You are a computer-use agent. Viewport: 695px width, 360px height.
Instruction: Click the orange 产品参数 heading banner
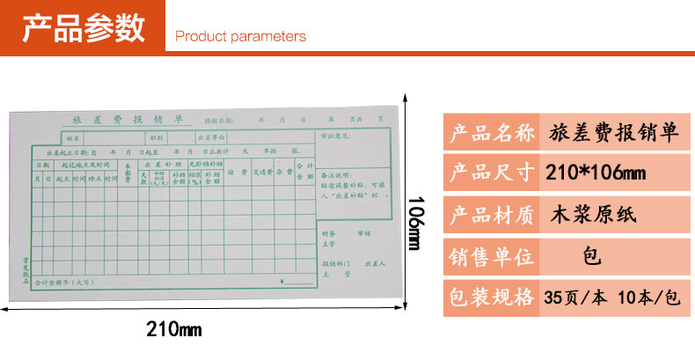pos(83,27)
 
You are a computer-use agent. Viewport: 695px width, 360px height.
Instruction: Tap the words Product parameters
pos(240,37)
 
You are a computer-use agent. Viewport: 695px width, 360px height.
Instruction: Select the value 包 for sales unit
pos(591,256)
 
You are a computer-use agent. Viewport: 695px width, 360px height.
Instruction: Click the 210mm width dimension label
pos(174,330)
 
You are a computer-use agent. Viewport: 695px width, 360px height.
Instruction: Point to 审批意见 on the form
pos(336,136)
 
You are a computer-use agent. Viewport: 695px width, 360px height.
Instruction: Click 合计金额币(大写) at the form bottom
pos(62,283)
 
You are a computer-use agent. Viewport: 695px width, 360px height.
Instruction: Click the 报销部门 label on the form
pos(334,263)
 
